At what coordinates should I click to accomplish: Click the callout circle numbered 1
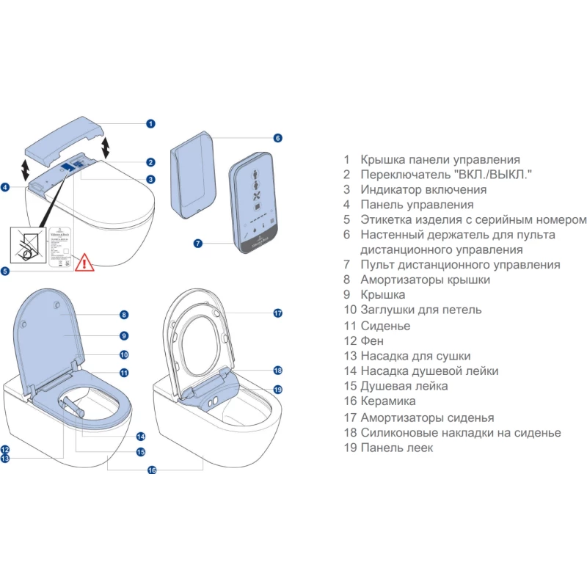point(150,124)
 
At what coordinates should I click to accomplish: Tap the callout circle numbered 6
point(278,138)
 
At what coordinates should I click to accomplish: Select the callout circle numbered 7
point(197,243)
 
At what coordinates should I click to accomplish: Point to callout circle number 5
point(5,271)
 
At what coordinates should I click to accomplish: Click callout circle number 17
point(278,313)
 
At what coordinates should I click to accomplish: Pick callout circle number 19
point(278,389)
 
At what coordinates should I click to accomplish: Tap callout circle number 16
point(152,470)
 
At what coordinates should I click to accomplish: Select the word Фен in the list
point(372,341)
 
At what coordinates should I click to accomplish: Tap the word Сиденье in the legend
point(385,326)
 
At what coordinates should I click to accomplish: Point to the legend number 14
point(349,371)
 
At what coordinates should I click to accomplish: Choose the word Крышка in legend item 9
point(383,296)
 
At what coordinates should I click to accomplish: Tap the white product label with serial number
point(63,240)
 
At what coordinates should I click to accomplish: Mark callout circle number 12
point(5,449)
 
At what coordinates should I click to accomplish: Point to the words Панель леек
point(396,448)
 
